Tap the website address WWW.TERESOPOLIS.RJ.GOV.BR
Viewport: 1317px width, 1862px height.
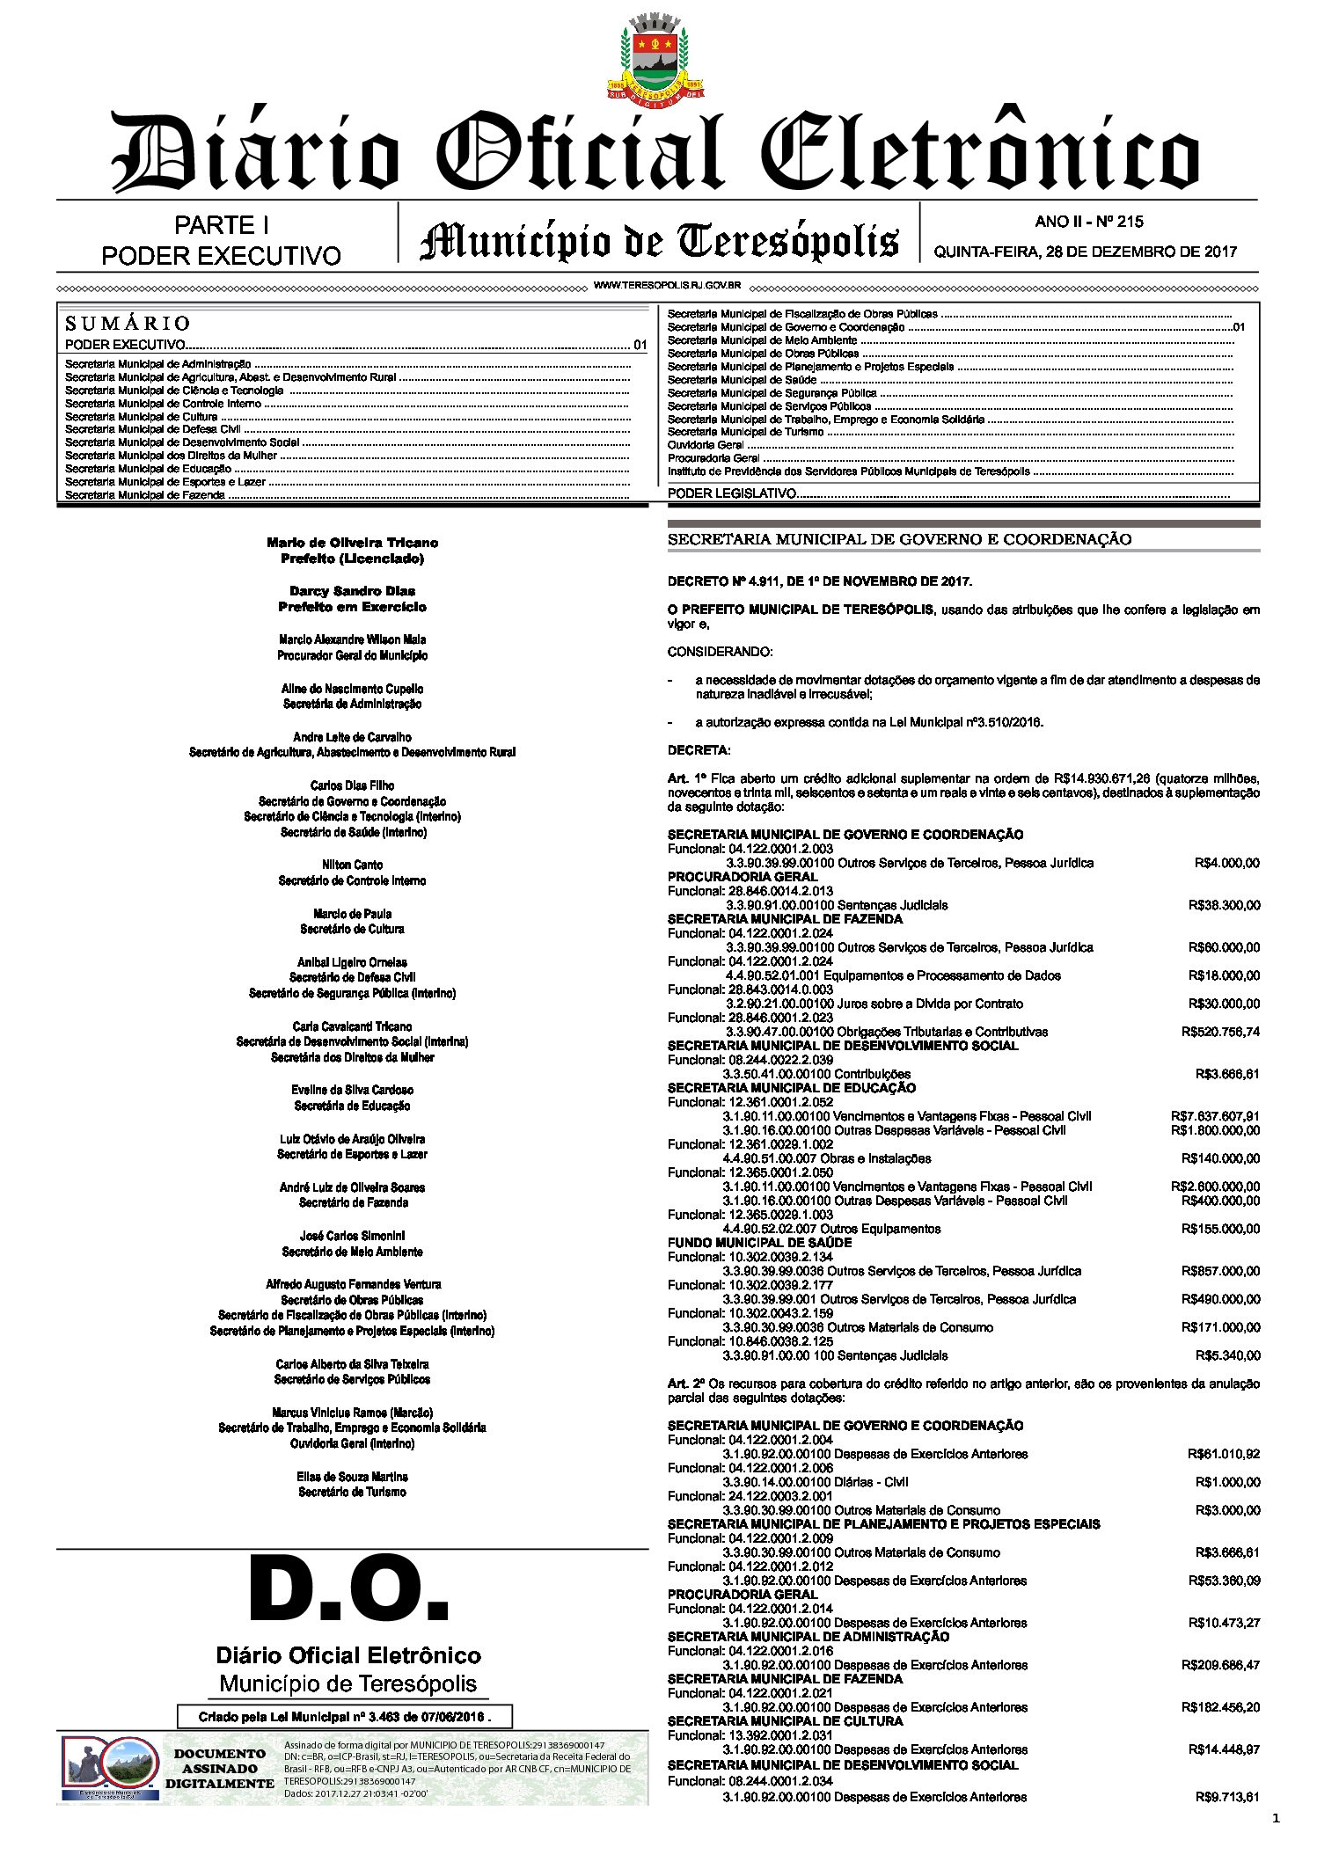(x=667, y=286)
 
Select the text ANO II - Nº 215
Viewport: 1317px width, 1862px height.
(x=1089, y=222)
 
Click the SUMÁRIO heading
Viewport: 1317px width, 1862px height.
(x=128, y=323)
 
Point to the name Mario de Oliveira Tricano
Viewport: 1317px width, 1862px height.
(x=352, y=543)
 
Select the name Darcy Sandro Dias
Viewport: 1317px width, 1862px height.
(x=352, y=591)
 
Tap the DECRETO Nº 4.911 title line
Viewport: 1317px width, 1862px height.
(x=820, y=581)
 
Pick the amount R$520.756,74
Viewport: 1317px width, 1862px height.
(x=1220, y=1032)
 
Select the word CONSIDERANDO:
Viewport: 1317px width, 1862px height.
(x=721, y=652)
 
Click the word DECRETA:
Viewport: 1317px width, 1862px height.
(x=699, y=750)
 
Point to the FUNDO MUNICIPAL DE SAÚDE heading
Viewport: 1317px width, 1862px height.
(x=759, y=1243)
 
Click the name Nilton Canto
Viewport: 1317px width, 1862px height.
(x=352, y=865)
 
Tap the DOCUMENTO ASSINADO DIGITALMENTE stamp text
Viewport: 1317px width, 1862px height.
(x=220, y=1769)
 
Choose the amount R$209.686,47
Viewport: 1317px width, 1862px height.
(x=1220, y=1665)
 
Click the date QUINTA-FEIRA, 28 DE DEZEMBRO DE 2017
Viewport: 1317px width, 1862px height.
(x=1085, y=252)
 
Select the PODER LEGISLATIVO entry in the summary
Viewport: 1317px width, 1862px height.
(x=732, y=493)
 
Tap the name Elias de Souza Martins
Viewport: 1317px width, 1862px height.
(x=352, y=1477)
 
